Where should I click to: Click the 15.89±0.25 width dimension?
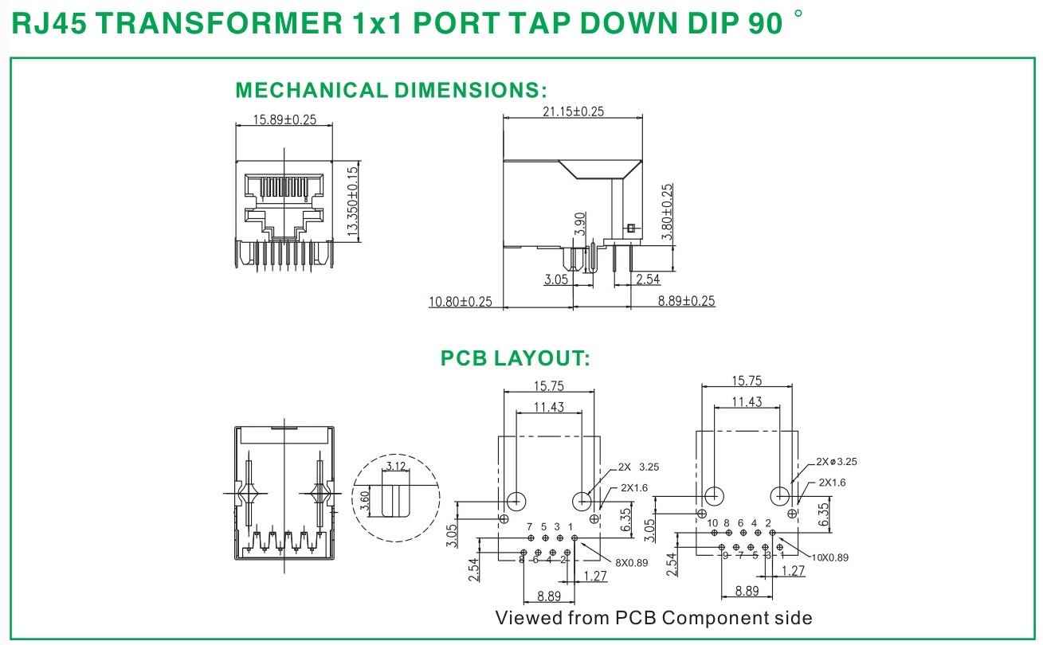coord(284,119)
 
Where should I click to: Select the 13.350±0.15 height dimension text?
coord(353,201)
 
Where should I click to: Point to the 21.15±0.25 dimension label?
coord(572,111)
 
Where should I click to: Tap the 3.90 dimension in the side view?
coord(581,225)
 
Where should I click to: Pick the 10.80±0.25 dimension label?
coord(461,301)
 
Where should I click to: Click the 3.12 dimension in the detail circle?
coord(395,466)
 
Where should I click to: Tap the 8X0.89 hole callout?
coord(631,562)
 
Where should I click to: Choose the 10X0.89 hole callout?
coord(830,557)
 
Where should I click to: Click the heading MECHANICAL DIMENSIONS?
coord(391,90)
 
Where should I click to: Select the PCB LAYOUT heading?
coord(516,359)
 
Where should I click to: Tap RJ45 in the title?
coord(49,24)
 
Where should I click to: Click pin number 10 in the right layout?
coord(712,523)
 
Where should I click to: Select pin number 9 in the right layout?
coord(725,555)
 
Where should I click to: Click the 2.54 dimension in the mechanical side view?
coord(648,279)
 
